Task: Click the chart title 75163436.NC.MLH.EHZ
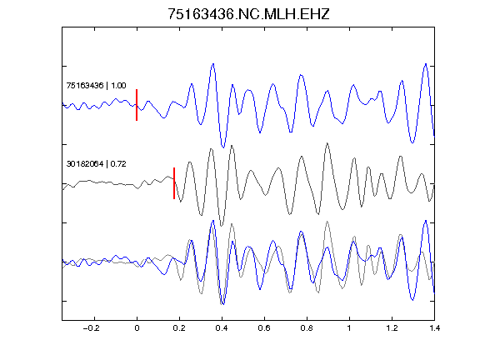pos(248,14)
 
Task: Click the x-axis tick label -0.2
pos(92,328)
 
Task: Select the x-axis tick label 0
pos(137,328)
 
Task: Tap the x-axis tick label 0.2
pos(179,328)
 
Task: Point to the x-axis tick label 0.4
pos(222,328)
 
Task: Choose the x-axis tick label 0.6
pos(264,328)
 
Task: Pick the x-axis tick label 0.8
pos(307,328)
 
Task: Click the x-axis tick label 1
pos(349,328)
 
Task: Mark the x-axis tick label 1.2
pos(392,328)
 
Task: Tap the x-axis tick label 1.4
pos(434,328)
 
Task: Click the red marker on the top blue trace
pos(137,105)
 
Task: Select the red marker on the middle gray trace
pos(174,183)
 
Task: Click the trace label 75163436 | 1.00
pos(96,85)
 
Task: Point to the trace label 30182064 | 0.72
pos(96,164)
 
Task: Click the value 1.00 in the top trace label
pos(118,85)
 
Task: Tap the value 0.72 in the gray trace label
pos(118,164)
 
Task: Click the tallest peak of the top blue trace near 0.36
pos(213,64)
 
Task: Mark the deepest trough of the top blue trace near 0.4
pos(223,147)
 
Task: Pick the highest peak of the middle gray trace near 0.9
pos(327,143)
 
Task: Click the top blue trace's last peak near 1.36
pos(426,64)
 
